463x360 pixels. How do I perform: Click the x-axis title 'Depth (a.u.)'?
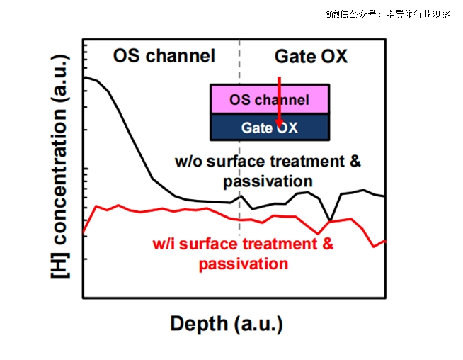(x=227, y=325)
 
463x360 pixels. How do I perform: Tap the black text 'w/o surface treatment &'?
(x=268, y=162)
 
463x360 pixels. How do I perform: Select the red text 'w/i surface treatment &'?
(x=243, y=245)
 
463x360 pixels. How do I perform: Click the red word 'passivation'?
(x=244, y=264)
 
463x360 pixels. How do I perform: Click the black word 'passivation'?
(x=268, y=181)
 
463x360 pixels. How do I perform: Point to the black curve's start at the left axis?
(x=84, y=77)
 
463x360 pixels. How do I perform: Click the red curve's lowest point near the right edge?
(x=373, y=247)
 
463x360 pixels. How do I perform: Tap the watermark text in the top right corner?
(x=387, y=13)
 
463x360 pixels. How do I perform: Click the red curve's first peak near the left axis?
(x=96, y=207)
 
